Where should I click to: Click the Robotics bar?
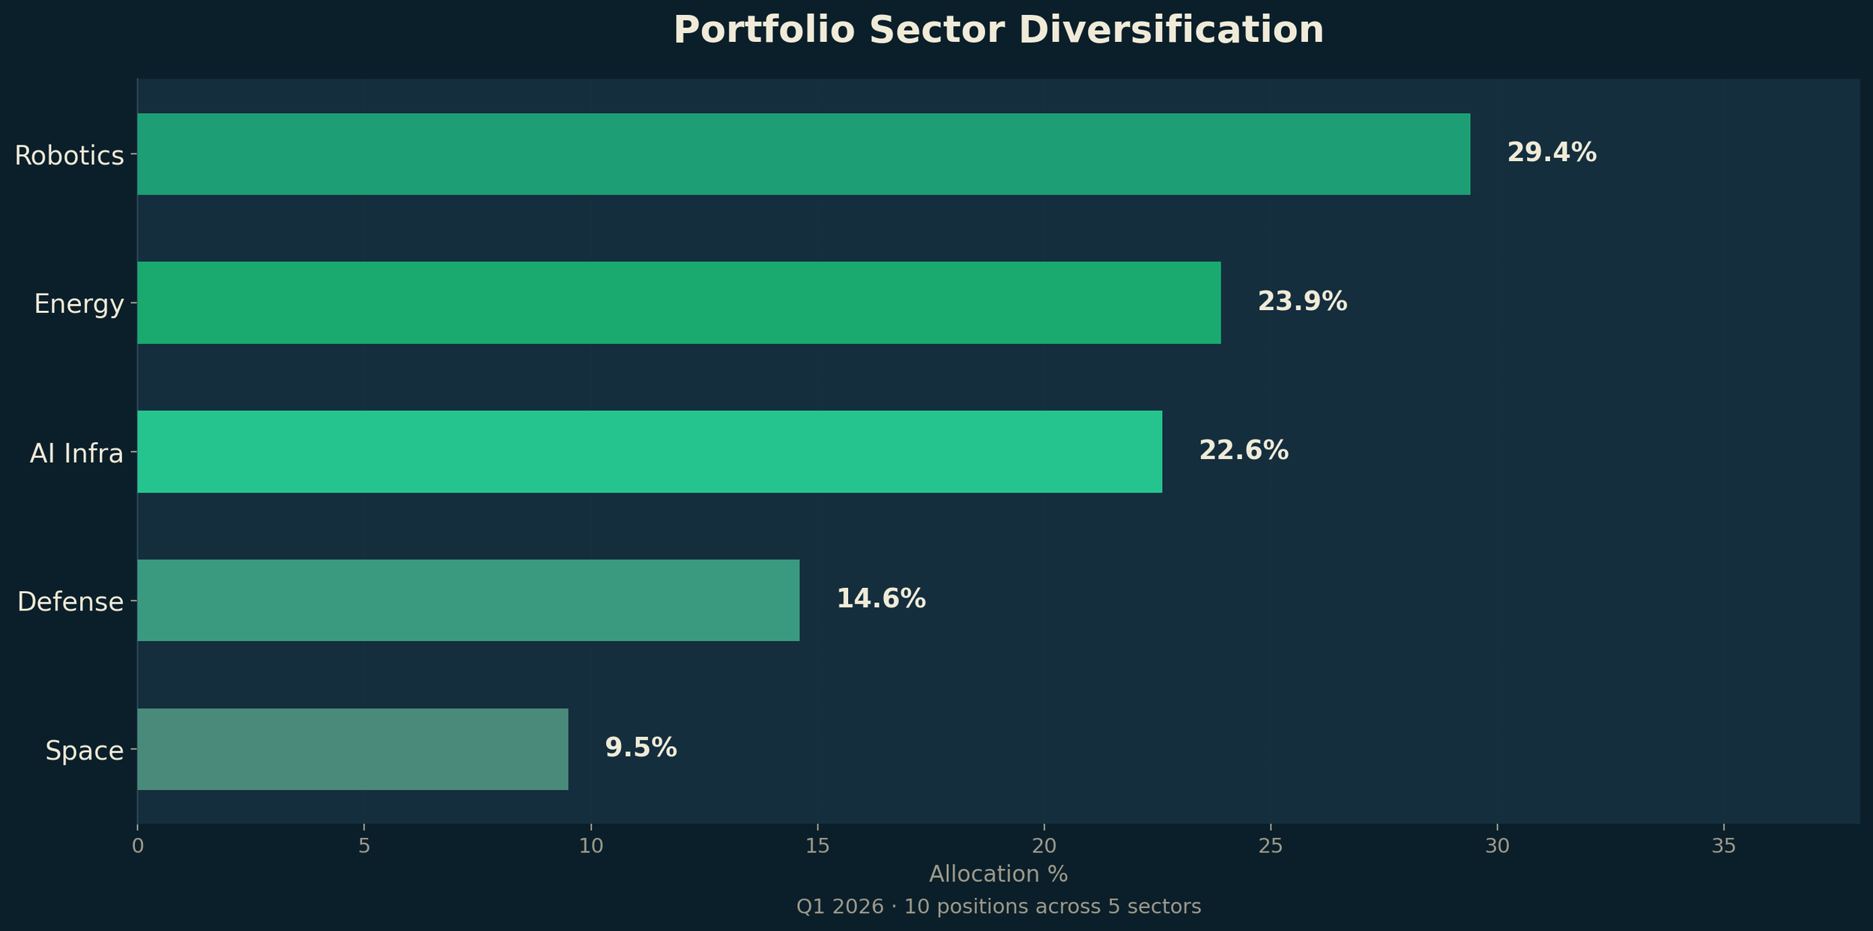pyautogui.click(x=803, y=154)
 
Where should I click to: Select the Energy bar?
pyautogui.click(x=679, y=303)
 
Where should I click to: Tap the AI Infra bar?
pyautogui.click(x=650, y=452)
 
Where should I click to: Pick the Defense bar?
pyautogui.click(x=468, y=600)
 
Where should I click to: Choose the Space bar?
pyautogui.click(x=352, y=749)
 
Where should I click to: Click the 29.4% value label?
pyautogui.click(x=1552, y=154)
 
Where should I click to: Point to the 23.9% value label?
pyautogui.click(x=1302, y=302)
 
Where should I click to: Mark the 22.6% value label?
pyautogui.click(x=1244, y=451)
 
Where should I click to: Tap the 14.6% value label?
pyautogui.click(x=881, y=599)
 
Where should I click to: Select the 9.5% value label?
pyautogui.click(x=641, y=748)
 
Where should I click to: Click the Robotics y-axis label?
pyautogui.click(x=69, y=156)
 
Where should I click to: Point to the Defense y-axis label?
pyautogui.click(x=70, y=602)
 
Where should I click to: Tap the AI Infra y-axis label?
pyautogui.click(x=76, y=454)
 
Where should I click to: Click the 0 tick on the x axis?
pyautogui.click(x=138, y=846)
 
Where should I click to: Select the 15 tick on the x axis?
pyautogui.click(x=817, y=846)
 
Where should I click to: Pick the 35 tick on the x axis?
pyautogui.click(x=1724, y=846)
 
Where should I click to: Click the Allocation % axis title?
pyautogui.click(x=998, y=874)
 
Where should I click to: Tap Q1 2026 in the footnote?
pyautogui.click(x=839, y=907)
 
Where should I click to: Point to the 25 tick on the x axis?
pyautogui.click(x=1271, y=846)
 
